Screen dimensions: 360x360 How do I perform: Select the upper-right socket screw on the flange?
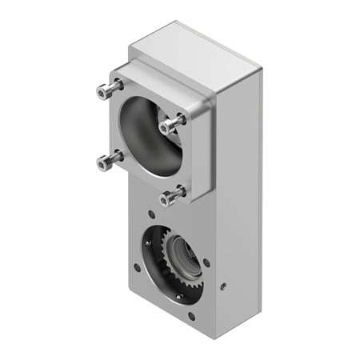(170, 126)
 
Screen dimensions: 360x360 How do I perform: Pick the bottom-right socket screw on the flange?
(170, 196)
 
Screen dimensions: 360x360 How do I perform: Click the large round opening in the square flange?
(152, 137)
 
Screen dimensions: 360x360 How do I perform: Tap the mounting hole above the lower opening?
(152, 214)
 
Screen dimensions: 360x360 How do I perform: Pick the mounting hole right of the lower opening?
(208, 262)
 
